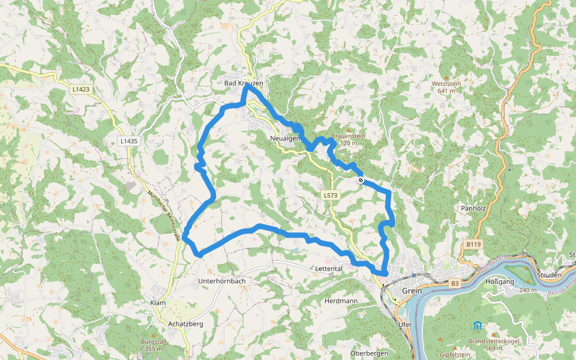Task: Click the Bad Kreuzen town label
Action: (x=244, y=83)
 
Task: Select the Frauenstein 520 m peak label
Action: (x=348, y=139)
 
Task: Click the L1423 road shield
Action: (x=80, y=89)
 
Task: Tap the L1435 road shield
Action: (x=128, y=141)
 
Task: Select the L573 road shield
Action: (x=331, y=195)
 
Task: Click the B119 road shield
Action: (x=473, y=244)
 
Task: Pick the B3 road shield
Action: (x=455, y=282)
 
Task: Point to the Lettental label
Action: (x=328, y=269)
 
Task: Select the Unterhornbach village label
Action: (x=221, y=281)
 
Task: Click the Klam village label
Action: (x=158, y=304)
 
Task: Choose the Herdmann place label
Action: (x=340, y=300)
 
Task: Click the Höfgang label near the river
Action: (x=500, y=281)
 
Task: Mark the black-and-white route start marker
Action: (x=361, y=180)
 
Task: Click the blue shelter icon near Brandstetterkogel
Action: (x=477, y=326)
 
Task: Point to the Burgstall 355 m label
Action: (x=152, y=344)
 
